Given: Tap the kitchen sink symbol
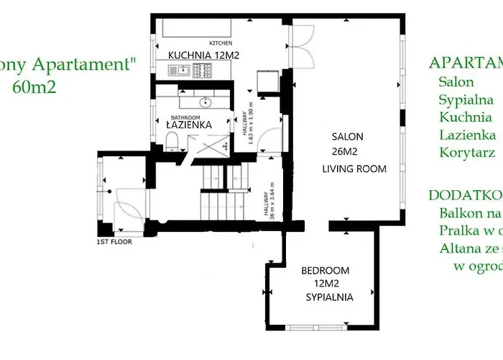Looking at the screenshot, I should [x=177, y=70].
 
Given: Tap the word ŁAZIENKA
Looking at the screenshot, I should [x=188, y=125].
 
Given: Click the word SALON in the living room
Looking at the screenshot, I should [x=347, y=136].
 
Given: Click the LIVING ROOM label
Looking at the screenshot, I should [x=354, y=169].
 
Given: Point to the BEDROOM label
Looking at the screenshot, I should [x=325, y=271].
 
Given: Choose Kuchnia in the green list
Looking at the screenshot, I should [x=465, y=117].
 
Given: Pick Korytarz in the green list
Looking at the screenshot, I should [x=466, y=153].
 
